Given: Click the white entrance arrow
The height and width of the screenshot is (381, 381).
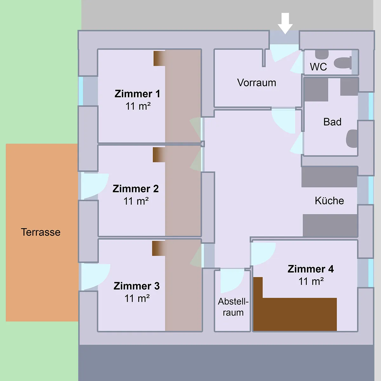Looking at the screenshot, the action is [x=285, y=23].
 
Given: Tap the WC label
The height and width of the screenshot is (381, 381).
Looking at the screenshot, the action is [x=318, y=67].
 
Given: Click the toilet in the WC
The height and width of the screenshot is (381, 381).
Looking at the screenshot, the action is [x=343, y=63].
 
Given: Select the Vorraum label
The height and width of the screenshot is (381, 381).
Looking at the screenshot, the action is [x=257, y=83].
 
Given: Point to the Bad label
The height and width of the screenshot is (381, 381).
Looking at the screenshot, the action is [x=332, y=122].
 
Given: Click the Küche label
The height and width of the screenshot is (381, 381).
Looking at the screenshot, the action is [x=329, y=201].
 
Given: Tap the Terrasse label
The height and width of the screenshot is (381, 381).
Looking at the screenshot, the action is [x=41, y=232].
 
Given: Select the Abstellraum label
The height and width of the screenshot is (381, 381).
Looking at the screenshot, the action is [x=233, y=307].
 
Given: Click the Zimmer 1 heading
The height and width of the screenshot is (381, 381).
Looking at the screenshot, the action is [x=137, y=94].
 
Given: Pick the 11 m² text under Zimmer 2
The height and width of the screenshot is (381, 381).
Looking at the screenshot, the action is [x=136, y=201].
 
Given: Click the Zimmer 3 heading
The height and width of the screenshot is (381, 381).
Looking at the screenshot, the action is [x=137, y=286].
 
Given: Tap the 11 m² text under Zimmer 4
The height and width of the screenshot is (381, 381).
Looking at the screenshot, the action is [x=311, y=281].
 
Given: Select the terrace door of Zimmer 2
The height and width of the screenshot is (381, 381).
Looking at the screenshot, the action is [x=95, y=186].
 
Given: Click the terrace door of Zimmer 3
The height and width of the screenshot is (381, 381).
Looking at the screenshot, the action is [x=95, y=277].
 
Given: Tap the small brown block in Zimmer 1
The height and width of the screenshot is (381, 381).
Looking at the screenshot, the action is [x=159, y=58].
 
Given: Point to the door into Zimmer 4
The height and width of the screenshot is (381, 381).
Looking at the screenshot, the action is [x=263, y=254].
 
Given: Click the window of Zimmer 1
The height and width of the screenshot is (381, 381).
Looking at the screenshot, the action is [x=81, y=91].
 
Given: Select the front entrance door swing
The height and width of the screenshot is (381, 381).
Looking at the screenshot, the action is [x=285, y=53].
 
